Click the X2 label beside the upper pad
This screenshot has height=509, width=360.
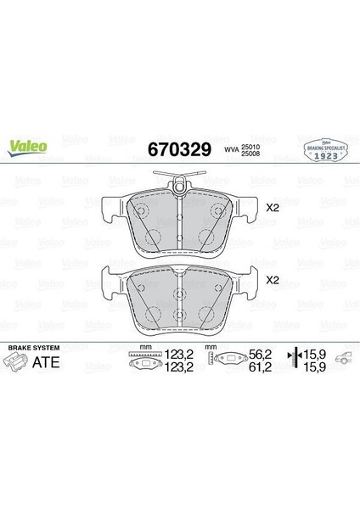[273, 207]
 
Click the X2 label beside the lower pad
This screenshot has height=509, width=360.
[273, 279]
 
